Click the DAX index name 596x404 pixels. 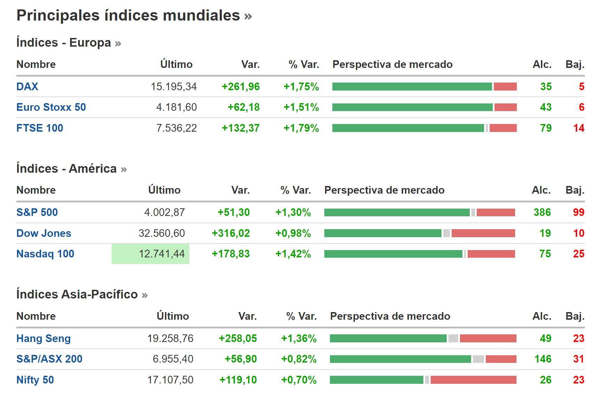click(x=27, y=86)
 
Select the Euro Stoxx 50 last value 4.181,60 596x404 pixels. click(x=176, y=107)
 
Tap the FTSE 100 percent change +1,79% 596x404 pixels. click(x=301, y=128)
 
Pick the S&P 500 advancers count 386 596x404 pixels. click(x=542, y=212)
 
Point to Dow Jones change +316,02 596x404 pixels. click(x=231, y=233)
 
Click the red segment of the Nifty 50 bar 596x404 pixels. click(x=473, y=380)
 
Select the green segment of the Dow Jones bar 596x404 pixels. click(x=383, y=233)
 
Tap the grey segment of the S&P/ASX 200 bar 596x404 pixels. click(x=478, y=359)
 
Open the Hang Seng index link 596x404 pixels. click(x=44, y=339)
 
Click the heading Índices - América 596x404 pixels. click(x=67, y=169)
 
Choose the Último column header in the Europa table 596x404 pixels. click(x=176, y=64)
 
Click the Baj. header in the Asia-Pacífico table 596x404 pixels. click(x=575, y=316)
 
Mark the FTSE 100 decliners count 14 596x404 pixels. click(x=579, y=128)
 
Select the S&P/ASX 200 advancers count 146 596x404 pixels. click(x=543, y=359)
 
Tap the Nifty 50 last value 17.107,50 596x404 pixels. click(x=170, y=380)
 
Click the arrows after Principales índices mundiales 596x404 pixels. click(x=248, y=16)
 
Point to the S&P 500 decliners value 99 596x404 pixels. click(x=579, y=212)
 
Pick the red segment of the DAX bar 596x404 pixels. click(x=505, y=87)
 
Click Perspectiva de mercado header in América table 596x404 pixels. click(x=384, y=190)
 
